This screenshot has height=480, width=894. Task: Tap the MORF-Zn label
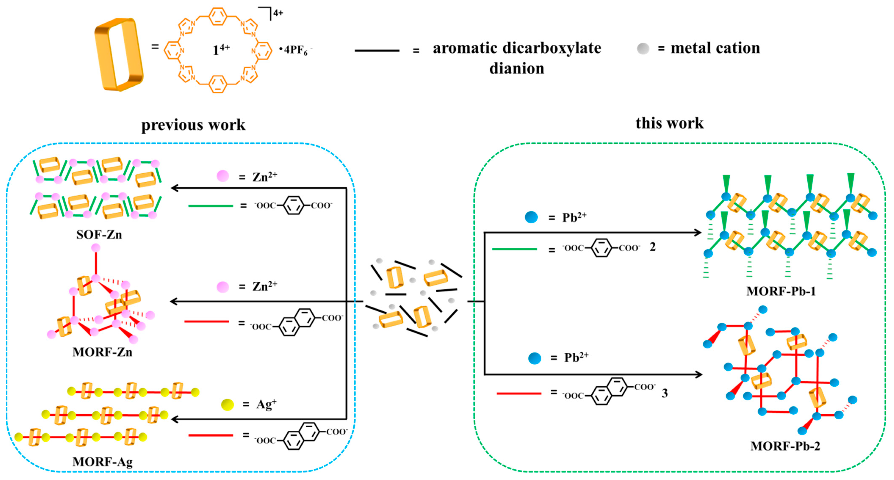point(102,352)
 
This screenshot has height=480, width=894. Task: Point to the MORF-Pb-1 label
point(781,291)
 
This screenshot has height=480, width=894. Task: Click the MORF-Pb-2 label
point(785,446)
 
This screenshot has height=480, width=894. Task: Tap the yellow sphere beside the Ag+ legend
point(227,405)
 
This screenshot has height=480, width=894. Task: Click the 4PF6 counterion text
point(296,50)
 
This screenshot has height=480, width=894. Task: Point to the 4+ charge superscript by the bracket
point(278,13)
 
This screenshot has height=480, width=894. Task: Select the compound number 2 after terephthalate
point(652,247)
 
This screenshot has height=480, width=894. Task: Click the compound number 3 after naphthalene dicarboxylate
point(664,393)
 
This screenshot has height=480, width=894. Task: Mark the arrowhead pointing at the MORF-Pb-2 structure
point(698,375)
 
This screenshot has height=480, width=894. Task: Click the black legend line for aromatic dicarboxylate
point(377,51)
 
